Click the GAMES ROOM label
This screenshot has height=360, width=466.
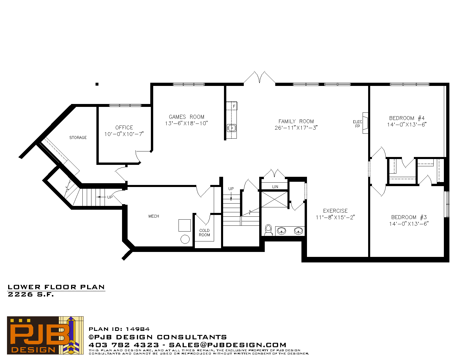[x=186, y=117]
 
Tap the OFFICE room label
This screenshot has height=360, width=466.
[x=124, y=128]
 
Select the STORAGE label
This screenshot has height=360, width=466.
[x=78, y=137]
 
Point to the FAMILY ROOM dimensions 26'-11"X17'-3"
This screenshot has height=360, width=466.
[x=296, y=128]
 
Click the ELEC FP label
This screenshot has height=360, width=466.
[x=357, y=124]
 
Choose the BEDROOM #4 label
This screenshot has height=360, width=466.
[x=407, y=118]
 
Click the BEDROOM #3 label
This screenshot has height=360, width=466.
[x=409, y=217]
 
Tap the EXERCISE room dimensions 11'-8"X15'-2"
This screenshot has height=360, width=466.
[x=335, y=217]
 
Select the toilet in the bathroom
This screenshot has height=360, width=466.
[x=268, y=230]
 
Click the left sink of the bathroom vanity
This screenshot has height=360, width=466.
[x=281, y=231]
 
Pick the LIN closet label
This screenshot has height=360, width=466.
[x=275, y=187]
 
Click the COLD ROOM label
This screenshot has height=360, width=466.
[x=204, y=233]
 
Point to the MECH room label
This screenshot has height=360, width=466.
[x=154, y=216]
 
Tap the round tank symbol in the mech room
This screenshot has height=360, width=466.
[x=185, y=239]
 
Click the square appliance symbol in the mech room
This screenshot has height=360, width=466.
[x=185, y=225]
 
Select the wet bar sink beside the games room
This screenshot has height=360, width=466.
[x=232, y=128]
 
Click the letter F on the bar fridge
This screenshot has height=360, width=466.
[x=234, y=106]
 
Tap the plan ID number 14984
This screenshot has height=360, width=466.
[x=138, y=329]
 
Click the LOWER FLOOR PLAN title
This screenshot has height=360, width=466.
[x=56, y=287]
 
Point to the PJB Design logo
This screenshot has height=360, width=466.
[x=45, y=335]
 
